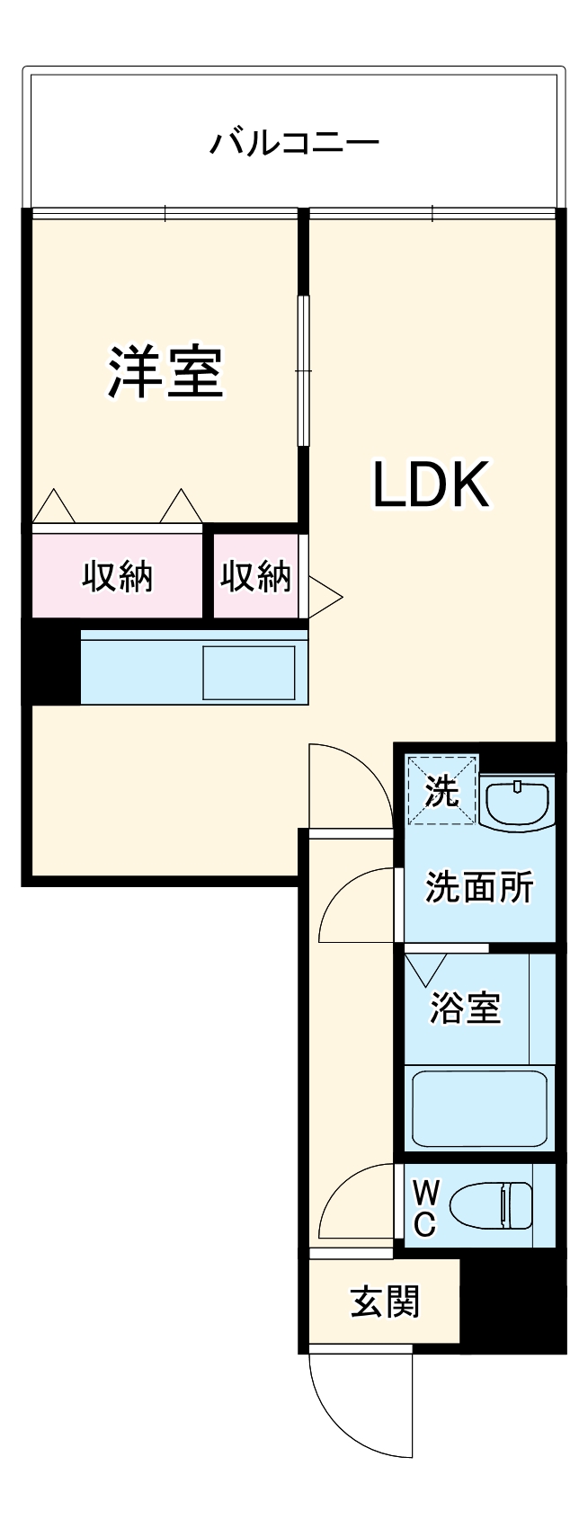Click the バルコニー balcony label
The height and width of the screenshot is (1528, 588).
(x=294, y=143)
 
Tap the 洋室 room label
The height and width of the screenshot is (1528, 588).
(x=165, y=371)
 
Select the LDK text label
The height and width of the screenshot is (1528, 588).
(x=431, y=484)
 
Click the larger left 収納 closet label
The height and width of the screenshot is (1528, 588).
(x=118, y=577)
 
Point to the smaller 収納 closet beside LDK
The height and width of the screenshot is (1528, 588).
(x=256, y=577)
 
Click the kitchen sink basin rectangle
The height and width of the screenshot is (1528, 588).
(x=249, y=672)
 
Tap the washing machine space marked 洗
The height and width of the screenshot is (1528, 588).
(x=441, y=791)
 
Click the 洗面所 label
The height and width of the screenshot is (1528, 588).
(x=479, y=887)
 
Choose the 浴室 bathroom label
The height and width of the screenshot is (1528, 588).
(x=465, y=1007)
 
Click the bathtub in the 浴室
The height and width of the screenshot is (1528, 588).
(x=479, y=1107)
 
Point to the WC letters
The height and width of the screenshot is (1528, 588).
(x=425, y=1209)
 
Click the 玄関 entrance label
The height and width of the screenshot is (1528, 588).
(x=385, y=1301)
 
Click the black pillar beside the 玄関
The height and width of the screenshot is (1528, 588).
(x=512, y=1303)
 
